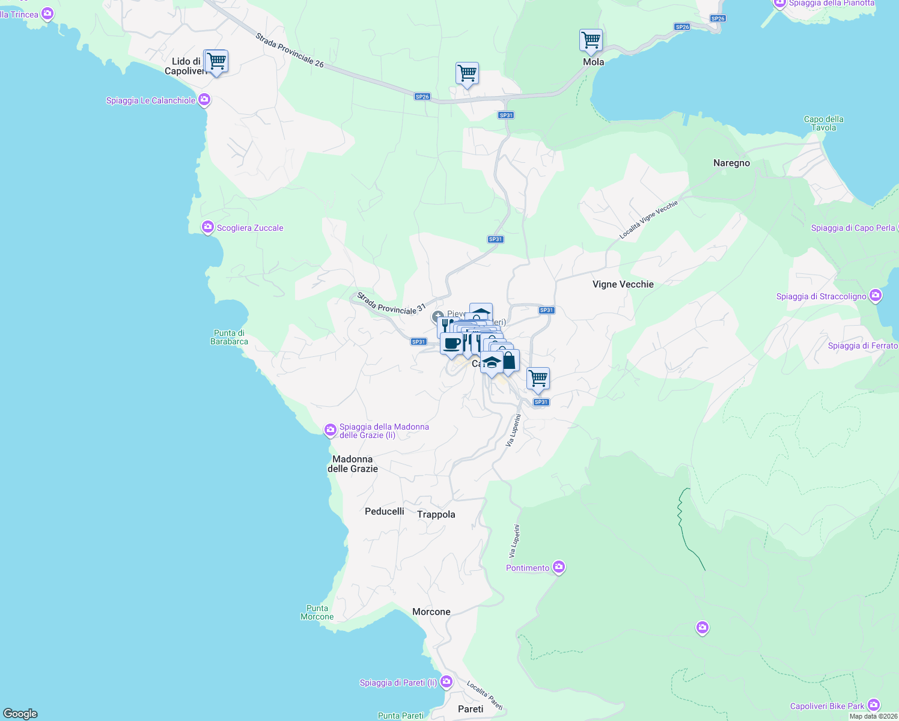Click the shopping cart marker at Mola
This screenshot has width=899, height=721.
591,41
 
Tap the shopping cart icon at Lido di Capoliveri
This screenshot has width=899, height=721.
216,61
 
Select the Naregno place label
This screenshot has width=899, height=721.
731,163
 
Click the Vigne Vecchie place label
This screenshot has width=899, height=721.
623,284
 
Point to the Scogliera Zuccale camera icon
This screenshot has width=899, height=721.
208,227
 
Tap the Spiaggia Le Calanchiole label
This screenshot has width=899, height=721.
151,100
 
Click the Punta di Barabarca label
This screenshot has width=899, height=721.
229,337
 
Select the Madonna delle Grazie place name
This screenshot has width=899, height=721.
353,464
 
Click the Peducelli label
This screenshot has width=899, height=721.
385,511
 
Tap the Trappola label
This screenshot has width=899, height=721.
436,514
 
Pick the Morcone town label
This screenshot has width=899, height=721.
431,612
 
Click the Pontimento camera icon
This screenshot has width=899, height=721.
559,567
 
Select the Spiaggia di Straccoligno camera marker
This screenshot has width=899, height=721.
876,295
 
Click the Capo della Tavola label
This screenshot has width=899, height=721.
824,123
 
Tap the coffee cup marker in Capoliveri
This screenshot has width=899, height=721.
452,344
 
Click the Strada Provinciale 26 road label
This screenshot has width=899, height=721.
290,50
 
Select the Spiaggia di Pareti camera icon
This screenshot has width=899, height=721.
446,681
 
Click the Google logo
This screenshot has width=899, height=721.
20,713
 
